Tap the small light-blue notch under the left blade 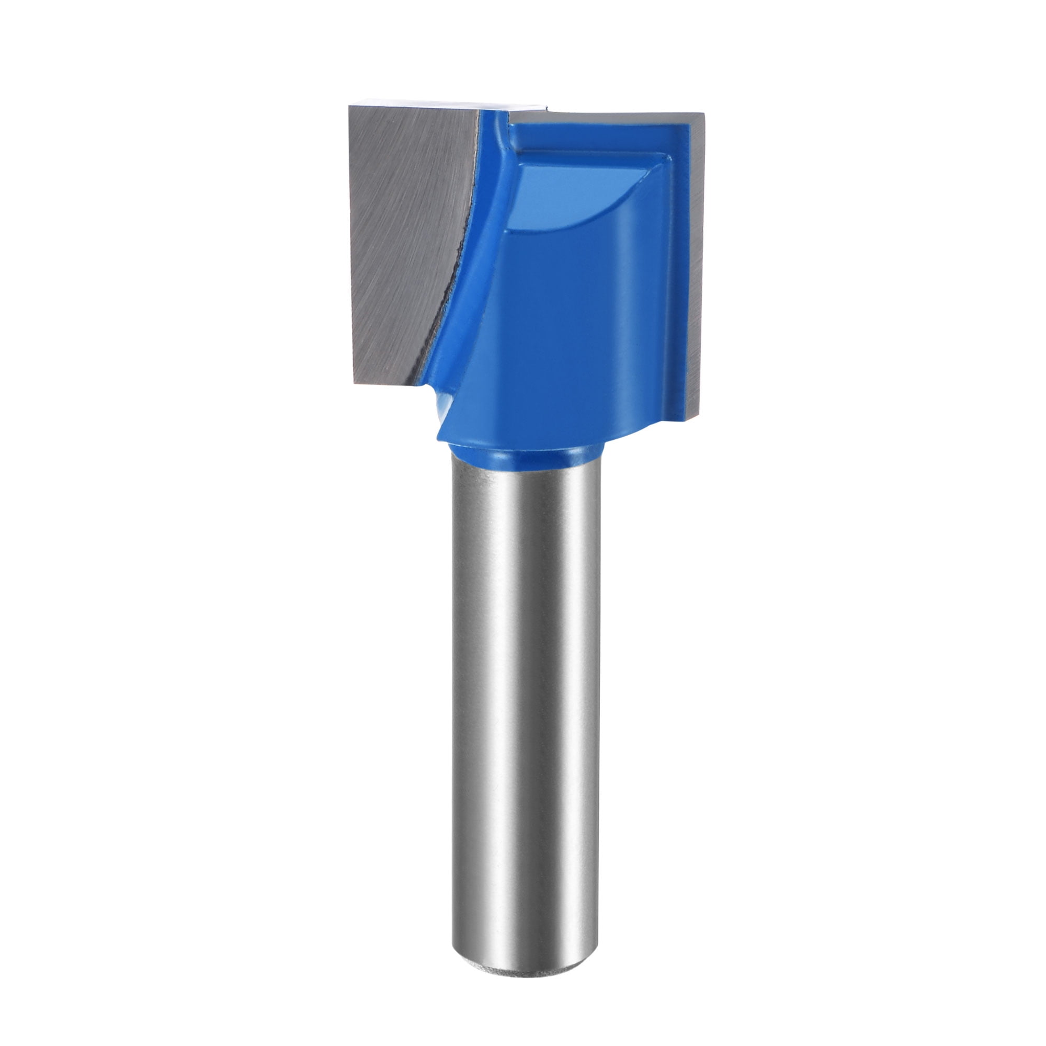click(440, 403)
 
